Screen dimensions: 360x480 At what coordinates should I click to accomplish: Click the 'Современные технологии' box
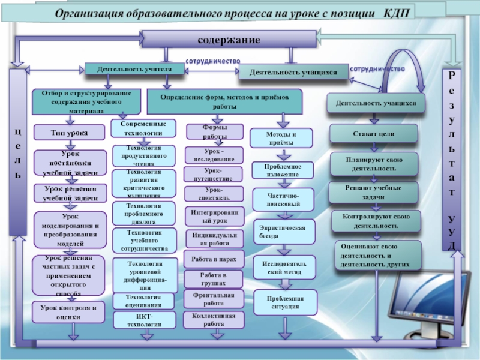click(x=143, y=128)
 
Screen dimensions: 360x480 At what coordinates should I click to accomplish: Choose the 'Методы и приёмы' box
click(x=280, y=138)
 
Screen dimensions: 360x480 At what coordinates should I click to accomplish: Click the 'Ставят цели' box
click(x=374, y=133)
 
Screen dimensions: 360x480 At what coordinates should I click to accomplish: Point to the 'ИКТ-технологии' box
click(x=144, y=320)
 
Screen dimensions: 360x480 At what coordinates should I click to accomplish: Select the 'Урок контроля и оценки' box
click(x=68, y=312)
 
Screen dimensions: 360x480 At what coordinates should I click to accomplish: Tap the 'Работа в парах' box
click(x=214, y=260)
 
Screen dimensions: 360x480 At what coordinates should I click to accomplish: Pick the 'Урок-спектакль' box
click(x=213, y=193)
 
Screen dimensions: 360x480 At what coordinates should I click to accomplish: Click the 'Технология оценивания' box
click(x=144, y=301)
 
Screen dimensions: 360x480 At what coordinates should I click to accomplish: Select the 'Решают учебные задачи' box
click(x=373, y=192)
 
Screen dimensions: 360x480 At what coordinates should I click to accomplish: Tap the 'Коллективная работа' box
click(x=214, y=319)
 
